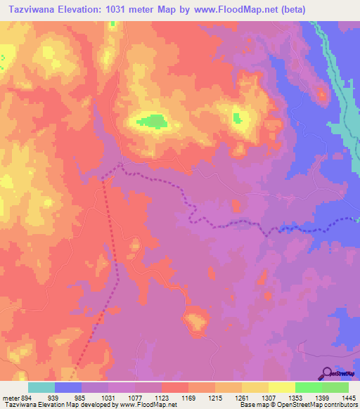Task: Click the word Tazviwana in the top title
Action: click(30, 9)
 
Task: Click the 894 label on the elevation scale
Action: click(23, 397)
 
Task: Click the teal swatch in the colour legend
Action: click(41, 387)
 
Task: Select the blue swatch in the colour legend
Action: click(68, 387)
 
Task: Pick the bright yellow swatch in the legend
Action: click(282, 387)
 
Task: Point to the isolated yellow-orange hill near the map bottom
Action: click(194, 321)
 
